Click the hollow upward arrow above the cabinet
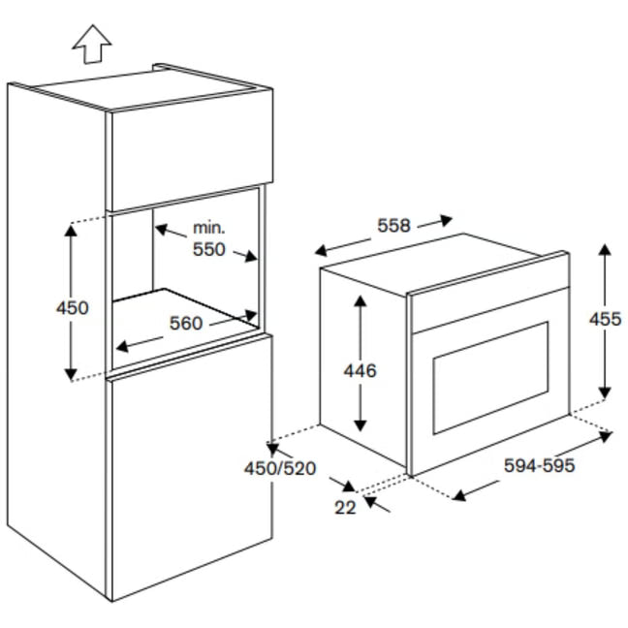92,44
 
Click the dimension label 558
394,226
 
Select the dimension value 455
605,319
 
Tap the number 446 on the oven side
361,370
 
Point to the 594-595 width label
539,465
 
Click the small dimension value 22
345,508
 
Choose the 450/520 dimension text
280,468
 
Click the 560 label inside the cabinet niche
186,324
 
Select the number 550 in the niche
209,249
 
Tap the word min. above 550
209,228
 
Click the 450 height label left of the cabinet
73,308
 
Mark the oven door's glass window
490,378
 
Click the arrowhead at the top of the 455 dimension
605,249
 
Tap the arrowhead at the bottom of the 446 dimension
361,425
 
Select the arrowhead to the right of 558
446,220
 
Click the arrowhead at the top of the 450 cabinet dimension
71,231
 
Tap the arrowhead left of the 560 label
122,346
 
